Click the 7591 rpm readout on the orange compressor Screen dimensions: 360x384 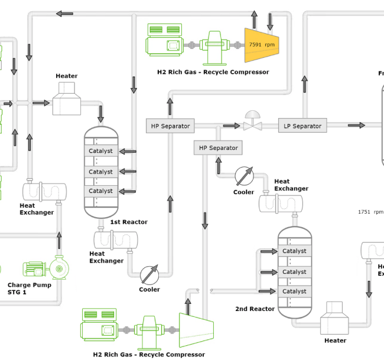pos(262,45)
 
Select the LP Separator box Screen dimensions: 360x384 pos(302,126)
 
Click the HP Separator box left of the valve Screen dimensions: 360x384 pos(170,126)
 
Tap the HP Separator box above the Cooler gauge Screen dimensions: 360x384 pos(218,148)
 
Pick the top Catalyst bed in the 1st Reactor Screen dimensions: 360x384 pos(100,151)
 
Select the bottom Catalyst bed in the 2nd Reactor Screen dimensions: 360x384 pos(294,292)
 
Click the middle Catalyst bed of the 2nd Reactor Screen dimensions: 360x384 pos(294,272)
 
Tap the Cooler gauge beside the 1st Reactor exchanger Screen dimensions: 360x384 pos(149,274)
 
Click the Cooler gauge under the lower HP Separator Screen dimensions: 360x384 pos(243,176)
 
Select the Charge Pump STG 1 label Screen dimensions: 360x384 pos(29,289)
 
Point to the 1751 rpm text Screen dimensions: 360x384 pos(370,212)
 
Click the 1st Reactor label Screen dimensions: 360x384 pos(129,222)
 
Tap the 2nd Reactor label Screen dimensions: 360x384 pos(255,309)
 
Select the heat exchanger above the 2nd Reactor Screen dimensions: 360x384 pos(281,202)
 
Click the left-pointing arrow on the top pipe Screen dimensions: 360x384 pos(64,14)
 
